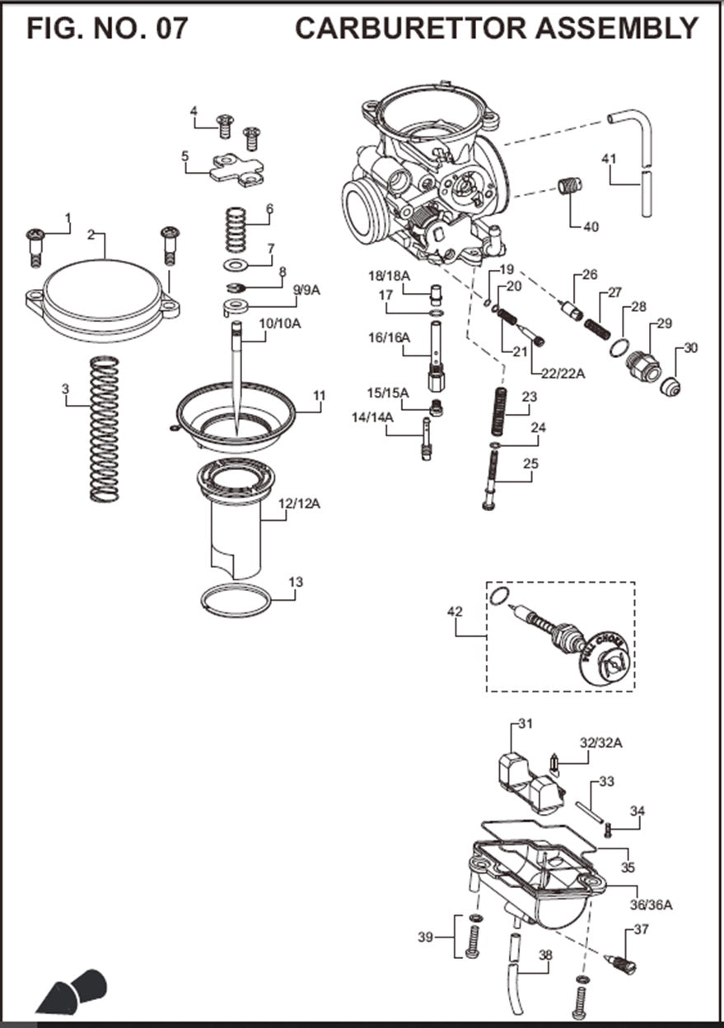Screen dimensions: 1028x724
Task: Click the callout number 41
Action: [x=609, y=159]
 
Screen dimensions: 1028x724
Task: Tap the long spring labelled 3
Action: [x=104, y=428]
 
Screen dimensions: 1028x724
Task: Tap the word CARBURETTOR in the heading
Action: [x=410, y=29]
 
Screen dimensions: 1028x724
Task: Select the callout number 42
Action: [x=455, y=612]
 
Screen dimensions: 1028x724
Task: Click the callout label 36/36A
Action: [x=652, y=905]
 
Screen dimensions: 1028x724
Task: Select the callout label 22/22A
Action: [x=563, y=373]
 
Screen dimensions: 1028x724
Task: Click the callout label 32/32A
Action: [x=600, y=743]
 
